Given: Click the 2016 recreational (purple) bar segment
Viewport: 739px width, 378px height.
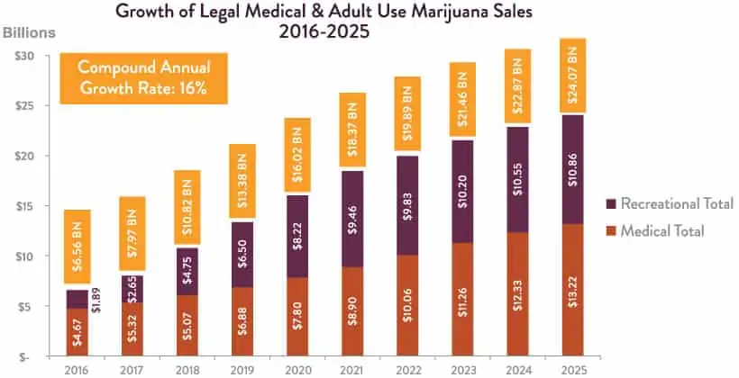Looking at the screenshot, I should (x=78, y=299).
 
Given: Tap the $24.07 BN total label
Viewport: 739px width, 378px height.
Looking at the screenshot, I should (x=574, y=76).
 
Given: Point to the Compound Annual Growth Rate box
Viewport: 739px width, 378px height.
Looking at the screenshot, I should (x=142, y=77).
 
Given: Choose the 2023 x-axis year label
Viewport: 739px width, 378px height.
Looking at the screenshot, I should (x=463, y=369).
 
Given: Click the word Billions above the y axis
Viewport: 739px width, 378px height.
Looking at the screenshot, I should (x=29, y=33).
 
